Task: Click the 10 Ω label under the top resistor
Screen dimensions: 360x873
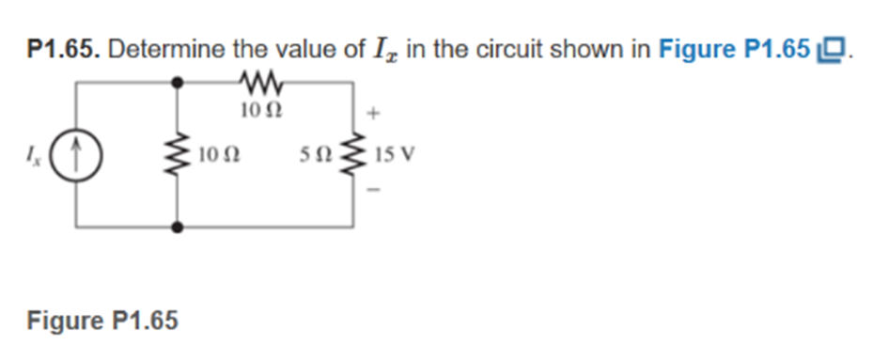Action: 256,110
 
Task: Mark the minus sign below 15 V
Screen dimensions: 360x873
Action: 374,191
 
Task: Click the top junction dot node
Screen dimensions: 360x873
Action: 176,82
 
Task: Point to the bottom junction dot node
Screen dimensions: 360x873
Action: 176,227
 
